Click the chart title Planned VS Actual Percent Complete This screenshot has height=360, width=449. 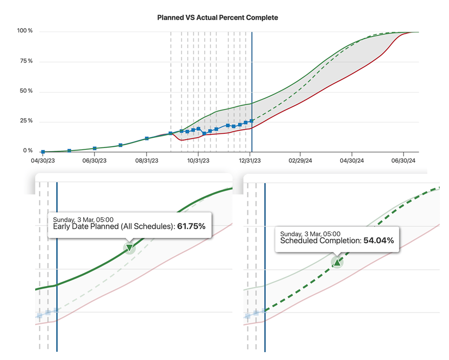[x=218, y=18]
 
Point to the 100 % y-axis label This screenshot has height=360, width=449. [x=25, y=31]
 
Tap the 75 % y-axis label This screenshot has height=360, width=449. [x=26, y=61]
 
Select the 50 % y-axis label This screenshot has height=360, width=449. [x=26, y=91]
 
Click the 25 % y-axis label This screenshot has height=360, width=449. [x=26, y=121]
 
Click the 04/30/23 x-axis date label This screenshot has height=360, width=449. [x=43, y=161]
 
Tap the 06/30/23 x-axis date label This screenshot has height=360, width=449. [x=94, y=161]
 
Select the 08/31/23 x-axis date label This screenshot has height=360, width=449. [x=146, y=161]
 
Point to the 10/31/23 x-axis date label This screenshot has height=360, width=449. [x=198, y=161]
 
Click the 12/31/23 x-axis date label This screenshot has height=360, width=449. [x=251, y=161]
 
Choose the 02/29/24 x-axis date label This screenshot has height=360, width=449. [x=300, y=161]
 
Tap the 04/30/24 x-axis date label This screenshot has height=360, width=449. [x=352, y=161]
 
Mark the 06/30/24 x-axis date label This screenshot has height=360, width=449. [x=403, y=161]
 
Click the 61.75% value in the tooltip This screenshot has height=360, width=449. [x=191, y=227]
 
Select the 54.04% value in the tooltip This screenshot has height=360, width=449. [x=379, y=241]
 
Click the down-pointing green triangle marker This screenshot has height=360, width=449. [x=129, y=247]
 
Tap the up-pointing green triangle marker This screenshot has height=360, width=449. [x=337, y=262]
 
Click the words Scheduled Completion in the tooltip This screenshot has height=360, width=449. [x=320, y=241]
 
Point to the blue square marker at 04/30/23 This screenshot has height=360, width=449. [x=43, y=152]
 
